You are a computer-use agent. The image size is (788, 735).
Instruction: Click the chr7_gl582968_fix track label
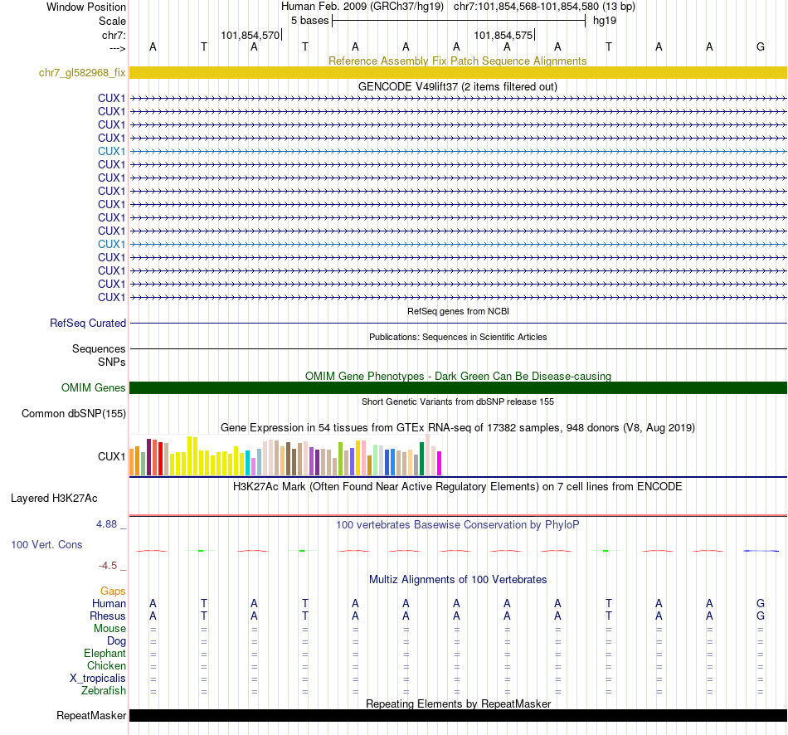[x=82, y=73]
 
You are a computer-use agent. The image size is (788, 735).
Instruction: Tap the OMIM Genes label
[x=94, y=387]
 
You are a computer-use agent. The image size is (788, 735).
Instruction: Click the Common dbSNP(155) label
[x=74, y=413]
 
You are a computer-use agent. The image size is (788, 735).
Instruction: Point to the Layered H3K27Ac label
[x=54, y=499]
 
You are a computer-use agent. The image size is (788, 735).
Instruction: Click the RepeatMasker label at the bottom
[x=91, y=715]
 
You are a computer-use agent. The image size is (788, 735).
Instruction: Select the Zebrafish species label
[x=104, y=690]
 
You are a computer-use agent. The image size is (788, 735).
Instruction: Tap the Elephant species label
[x=105, y=654]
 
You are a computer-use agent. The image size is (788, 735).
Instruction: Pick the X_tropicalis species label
[x=98, y=678]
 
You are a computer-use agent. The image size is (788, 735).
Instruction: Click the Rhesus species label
[x=108, y=616]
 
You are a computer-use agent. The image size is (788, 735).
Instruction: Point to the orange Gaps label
[x=113, y=591]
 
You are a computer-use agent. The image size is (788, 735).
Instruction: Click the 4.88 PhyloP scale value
[x=108, y=524]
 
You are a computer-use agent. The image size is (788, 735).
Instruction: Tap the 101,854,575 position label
[x=503, y=36]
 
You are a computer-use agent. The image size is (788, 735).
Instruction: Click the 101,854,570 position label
[x=251, y=36]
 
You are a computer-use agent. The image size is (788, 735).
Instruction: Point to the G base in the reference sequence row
[x=761, y=46]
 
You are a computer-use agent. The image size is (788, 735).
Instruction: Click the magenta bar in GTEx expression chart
[x=439, y=463]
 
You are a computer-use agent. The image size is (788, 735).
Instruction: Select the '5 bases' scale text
[x=309, y=20]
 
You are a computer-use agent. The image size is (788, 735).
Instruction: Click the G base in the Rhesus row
[x=761, y=616]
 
